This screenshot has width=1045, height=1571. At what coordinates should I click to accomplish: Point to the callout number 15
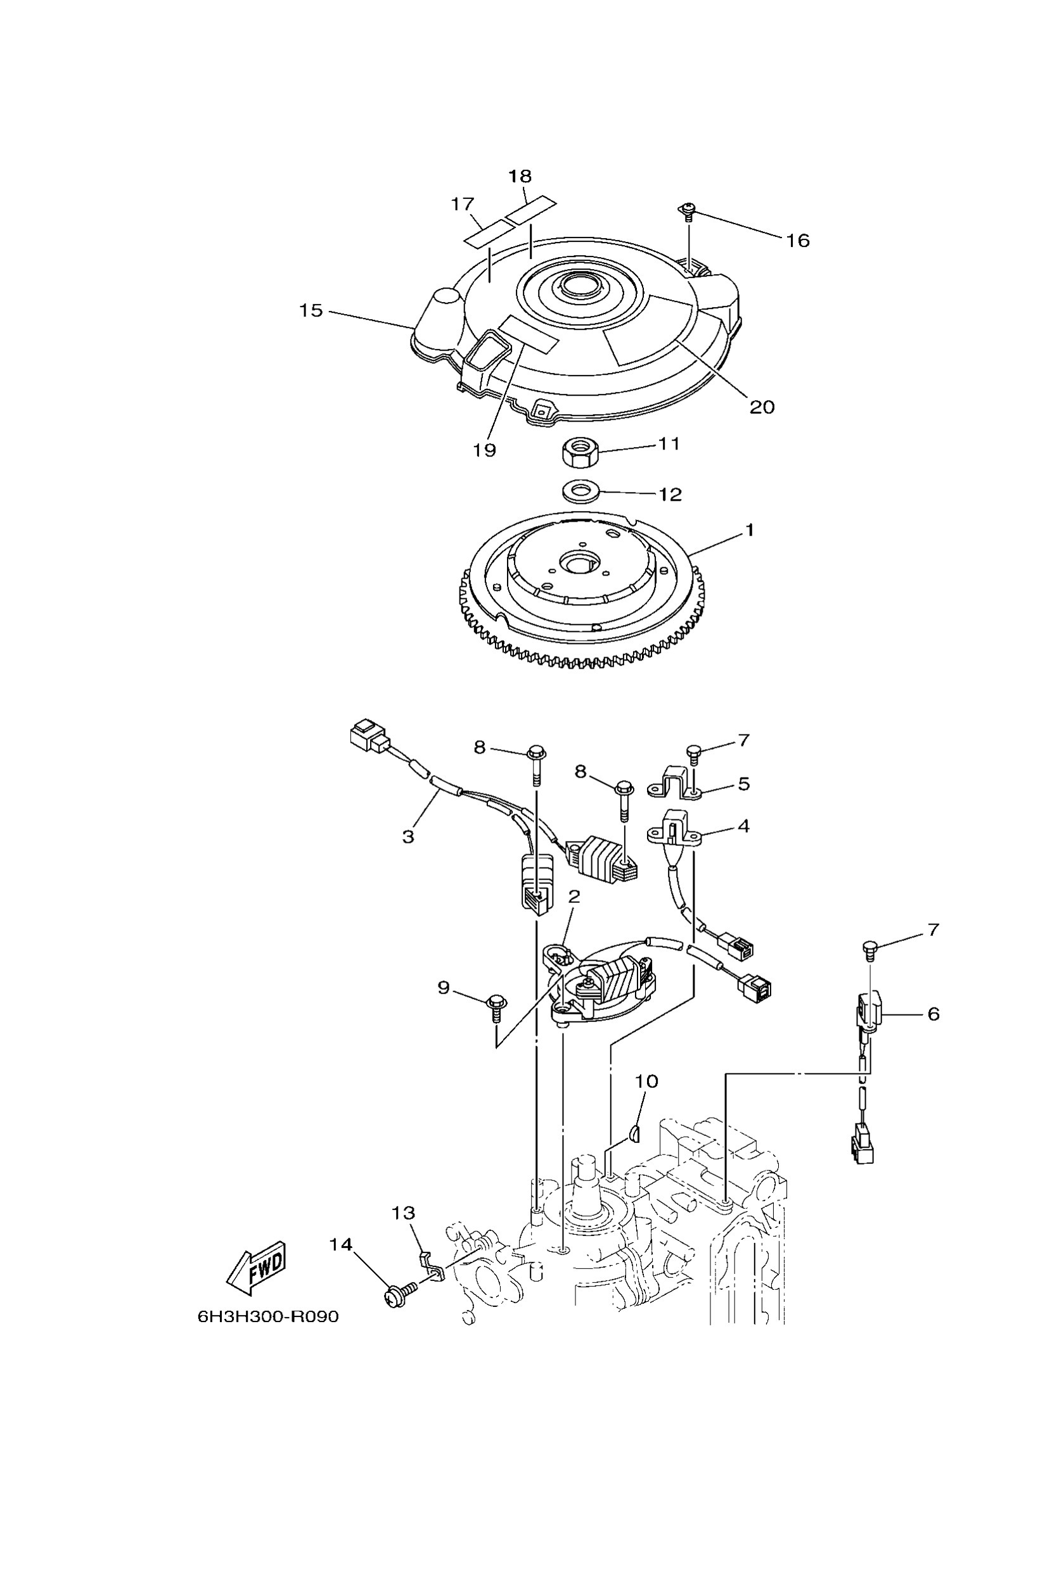pyautogui.click(x=311, y=310)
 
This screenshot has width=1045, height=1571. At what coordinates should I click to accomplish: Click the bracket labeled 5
pyautogui.click(x=674, y=781)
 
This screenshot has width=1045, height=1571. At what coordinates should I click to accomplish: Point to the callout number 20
pyautogui.click(x=762, y=407)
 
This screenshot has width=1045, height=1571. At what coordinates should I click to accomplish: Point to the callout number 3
pyautogui.click(x=409, y=836)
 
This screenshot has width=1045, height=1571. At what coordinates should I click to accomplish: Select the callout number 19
pyautogui.click(x=485, y=450)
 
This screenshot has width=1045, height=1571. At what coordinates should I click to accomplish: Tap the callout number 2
pyautogui.click(x=574, y=897)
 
